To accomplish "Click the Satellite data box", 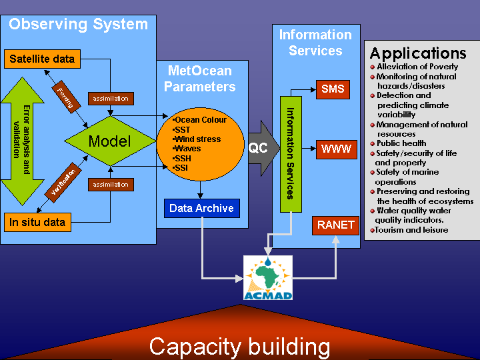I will [42, 59].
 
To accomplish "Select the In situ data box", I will [37, 222].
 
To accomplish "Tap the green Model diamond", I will [110, 141].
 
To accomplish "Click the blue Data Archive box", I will [201, 208].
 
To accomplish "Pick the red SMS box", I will [333, 89].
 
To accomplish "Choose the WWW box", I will [335, 149].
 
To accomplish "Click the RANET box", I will [335, 225].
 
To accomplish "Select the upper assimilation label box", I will [111, 99].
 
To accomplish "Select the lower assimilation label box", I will [111, 184].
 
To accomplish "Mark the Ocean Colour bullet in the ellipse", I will [200, 120].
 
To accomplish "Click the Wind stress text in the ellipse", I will [197, 139].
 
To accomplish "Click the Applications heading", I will [418, 53].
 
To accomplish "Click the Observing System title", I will [78, 25].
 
